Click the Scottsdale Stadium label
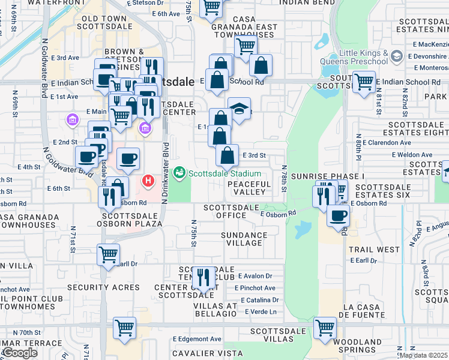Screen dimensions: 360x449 click(x=217, y=174)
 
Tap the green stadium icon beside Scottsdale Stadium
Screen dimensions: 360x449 click(x=178, y=173)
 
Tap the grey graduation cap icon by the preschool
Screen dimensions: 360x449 click(x=396, y=56)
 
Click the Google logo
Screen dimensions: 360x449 click(x=20, y=353)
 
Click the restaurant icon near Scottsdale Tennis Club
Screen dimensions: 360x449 click(x=203, y=277)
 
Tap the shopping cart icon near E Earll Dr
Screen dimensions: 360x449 click(x=108, y=254)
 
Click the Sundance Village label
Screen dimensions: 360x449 click(x=244, y=239)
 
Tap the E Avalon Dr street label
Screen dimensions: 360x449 click(x=255, y=276)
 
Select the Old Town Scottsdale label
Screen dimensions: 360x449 click(x=103, y=23)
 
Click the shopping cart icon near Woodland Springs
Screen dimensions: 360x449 click(x=325, y=328)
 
